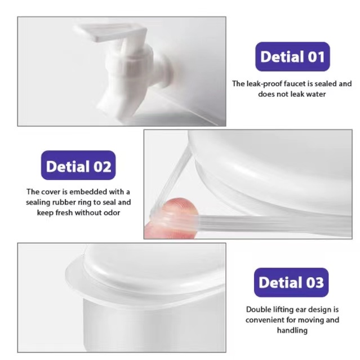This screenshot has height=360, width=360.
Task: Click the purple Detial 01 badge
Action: pyautogui.click(x=292, y=56)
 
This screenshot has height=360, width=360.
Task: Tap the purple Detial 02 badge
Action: pyautogui.click(x=78, y=165)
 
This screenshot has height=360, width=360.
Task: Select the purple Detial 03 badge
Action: pyautogui.click(x=291, y=282)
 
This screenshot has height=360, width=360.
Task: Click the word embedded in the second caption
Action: pyautogui.click(x=88, y=192)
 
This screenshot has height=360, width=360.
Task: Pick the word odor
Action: pyautogui.click(x=112, y=213)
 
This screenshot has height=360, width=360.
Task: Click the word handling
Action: pyautogui.click(x=292, y=331)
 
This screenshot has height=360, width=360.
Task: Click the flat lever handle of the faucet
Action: pyautogui.click(x=110, y=33)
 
